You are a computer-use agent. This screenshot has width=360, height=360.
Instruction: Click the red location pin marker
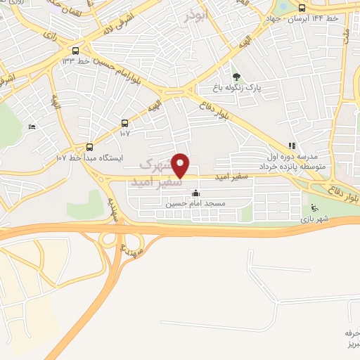(181, 165)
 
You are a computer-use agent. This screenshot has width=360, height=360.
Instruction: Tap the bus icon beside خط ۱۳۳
(75, 51)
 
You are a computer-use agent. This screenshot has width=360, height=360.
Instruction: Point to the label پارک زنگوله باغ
(238, 88)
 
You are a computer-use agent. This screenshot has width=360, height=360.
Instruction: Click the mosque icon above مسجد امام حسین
(195, 193)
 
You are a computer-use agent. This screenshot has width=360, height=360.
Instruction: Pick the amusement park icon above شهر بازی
(314, 209)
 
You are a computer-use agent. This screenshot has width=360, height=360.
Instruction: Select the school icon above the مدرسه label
(290, 146)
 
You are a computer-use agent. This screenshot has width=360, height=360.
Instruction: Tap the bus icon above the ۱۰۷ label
(125, 122)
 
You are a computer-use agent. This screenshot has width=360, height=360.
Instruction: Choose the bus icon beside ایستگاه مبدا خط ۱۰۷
(89, 147)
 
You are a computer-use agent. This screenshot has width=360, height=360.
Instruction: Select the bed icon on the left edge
(31, 127)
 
